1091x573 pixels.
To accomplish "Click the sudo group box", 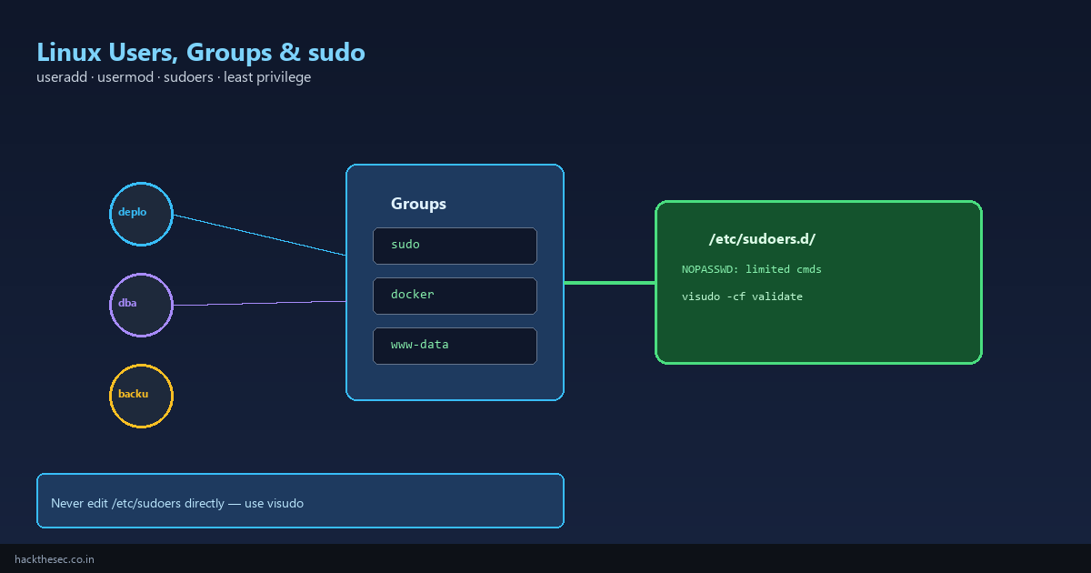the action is [x=455, y=246].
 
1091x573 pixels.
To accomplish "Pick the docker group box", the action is [x=455, y=297].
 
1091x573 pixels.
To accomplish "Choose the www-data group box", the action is [x=455, y=346].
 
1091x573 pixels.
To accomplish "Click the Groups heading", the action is [x=418, y=204].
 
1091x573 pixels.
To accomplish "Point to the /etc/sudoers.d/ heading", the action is [x=762, y=238].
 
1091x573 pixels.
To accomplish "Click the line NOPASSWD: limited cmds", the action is [x=752, y=269].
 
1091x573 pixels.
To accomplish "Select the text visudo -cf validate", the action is [x=742, y=297].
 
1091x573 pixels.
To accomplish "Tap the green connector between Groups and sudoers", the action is [x=610, y=283].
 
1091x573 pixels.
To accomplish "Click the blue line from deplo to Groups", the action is [x=260, y=235].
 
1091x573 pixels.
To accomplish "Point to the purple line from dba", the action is [x=260, y=303].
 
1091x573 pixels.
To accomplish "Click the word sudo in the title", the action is [x=336, y=52].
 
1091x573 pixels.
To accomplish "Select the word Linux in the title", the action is [x=69, y=52].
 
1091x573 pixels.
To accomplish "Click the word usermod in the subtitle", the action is [x=125, y=77].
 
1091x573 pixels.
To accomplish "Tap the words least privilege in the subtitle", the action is [x=267, y=77].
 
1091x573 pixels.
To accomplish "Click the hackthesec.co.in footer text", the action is [x=55, y=559].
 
